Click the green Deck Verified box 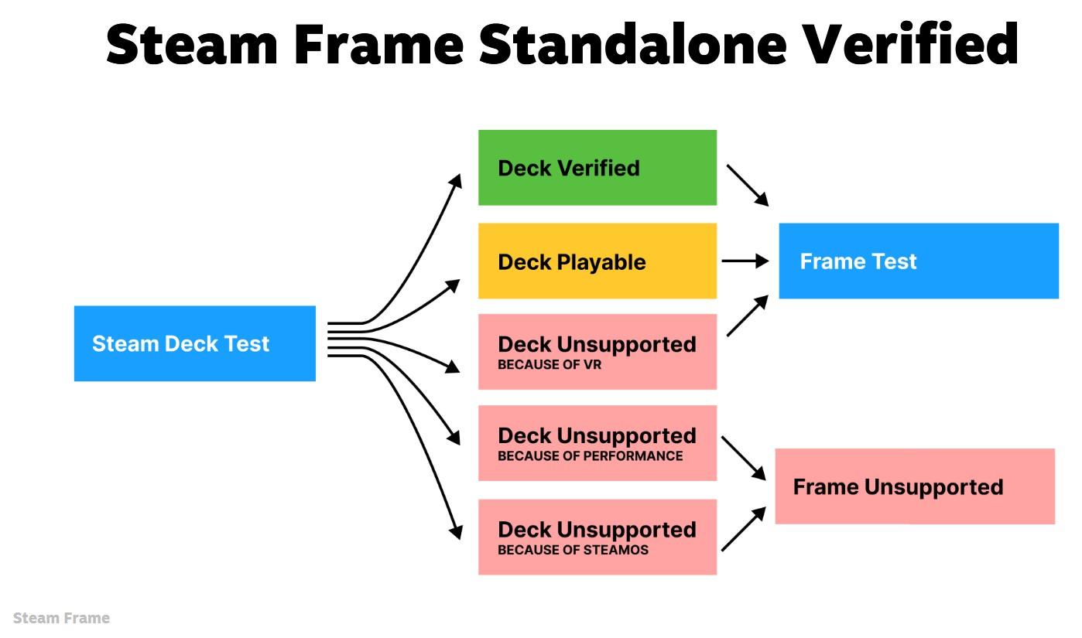[x=597, y=168]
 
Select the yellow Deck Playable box [x=597, y=261]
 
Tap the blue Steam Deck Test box [x=194, y=343]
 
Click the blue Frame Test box [x=918, y=261]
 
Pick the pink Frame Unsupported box [x=914, y=486]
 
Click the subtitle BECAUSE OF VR [x=549, y=365]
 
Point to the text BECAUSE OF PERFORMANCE [x=590, y=456]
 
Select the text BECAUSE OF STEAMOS [x=573, y=551]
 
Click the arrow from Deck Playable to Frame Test [x=745, y=261]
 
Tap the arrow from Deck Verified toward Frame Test [x=747, y=184]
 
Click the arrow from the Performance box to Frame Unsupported [x=743, y=458]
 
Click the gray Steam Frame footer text [x=61, y=618]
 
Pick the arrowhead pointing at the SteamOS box [x=456, y=531]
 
